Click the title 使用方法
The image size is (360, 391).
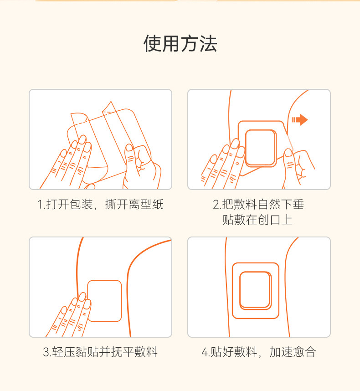click(x=180, y=44)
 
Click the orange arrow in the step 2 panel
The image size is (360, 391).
click(x=300, y=120)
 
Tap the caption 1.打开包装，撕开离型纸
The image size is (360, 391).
click(x=100, y=204)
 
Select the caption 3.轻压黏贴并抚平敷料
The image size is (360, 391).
click(x=100, y=352)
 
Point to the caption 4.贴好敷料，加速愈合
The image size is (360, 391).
click(x=259, y=352)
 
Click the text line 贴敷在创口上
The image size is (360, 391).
click(x=257, y=220)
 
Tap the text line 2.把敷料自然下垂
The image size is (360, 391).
click(x=258, y=204)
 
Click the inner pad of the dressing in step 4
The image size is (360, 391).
click(x=255, y=290)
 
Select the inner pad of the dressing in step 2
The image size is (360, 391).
click(x=261, y=148)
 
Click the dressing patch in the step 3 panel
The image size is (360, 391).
click(x=105, y=301)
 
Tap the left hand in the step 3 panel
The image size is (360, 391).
click(x=71, y=315)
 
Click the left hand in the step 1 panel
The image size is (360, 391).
click(x=70, y=162)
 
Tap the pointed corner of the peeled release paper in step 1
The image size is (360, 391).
click(x=111, y=101)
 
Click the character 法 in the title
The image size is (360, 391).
click(x=208, y=44)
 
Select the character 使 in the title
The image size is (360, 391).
click(x=152, y=44)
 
